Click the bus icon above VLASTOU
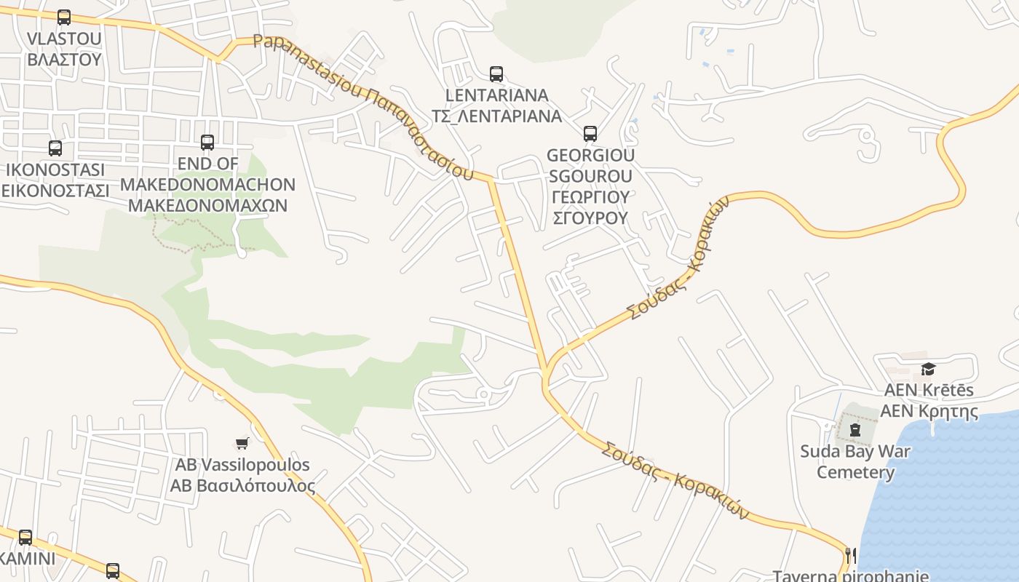64,17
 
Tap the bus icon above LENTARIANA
496,73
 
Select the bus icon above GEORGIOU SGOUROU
590,134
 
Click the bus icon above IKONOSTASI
55,148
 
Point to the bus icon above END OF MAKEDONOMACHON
207,143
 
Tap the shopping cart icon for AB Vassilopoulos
242,443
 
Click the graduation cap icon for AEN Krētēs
928,369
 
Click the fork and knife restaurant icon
849,555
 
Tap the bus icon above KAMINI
25,538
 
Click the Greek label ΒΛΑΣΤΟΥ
64,59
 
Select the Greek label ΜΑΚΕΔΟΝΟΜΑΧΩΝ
207,205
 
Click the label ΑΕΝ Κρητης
929,411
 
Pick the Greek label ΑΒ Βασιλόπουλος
242,485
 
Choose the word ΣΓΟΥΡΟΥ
590,218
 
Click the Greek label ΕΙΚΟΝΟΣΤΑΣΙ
55,191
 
